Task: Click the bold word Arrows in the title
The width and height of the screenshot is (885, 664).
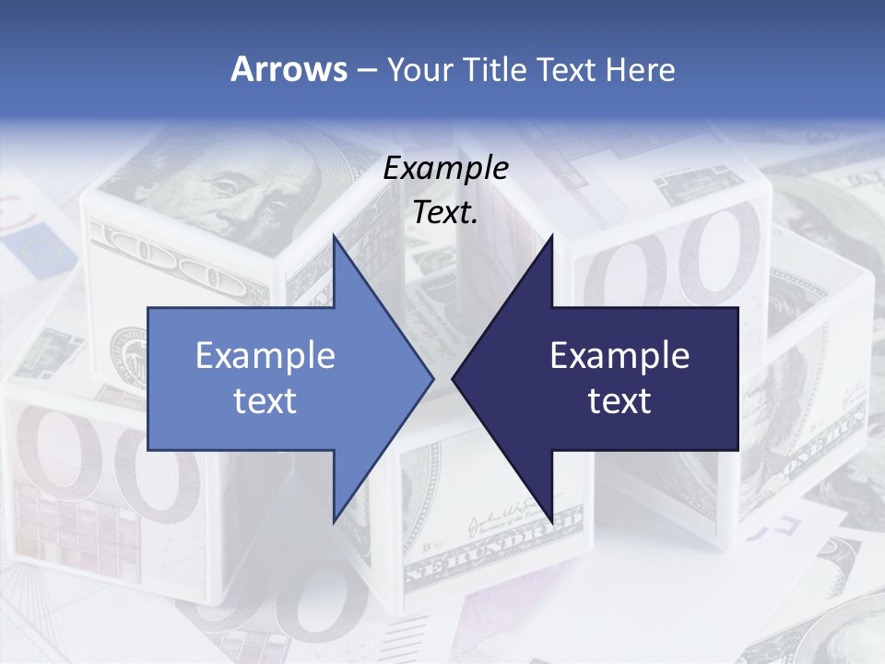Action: click(289, 70)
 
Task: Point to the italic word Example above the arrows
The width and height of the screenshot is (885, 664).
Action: click(445, 168)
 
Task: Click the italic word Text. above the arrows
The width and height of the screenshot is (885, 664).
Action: click(445, 212)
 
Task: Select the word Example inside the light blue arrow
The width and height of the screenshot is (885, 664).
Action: click(265, 355)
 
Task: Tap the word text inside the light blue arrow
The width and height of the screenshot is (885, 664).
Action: click(265, 400)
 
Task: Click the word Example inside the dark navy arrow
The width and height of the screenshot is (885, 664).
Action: click(619, 355)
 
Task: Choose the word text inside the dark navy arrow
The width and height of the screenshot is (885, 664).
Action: click(619, 400)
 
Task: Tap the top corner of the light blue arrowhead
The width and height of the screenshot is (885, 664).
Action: click(334, 237)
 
